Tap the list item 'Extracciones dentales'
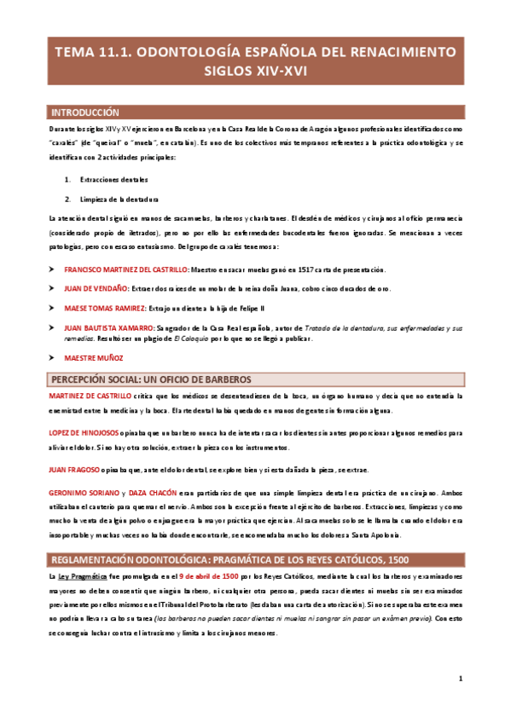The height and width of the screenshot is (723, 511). pyautogui.click(x=113, y=180)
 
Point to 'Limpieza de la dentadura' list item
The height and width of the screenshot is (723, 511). pyautogui.click(x=119, y=200)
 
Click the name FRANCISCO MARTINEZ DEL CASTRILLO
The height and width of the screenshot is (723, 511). pyautogui.click(x=126, y=269)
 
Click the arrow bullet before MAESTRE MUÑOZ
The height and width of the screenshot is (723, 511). pyautogui.click(x=54, y=359)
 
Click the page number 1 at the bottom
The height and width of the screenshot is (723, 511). pyautogui.click(x=460, y=679)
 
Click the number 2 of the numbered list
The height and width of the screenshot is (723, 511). pyautogui.click(x=67, y=200)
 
